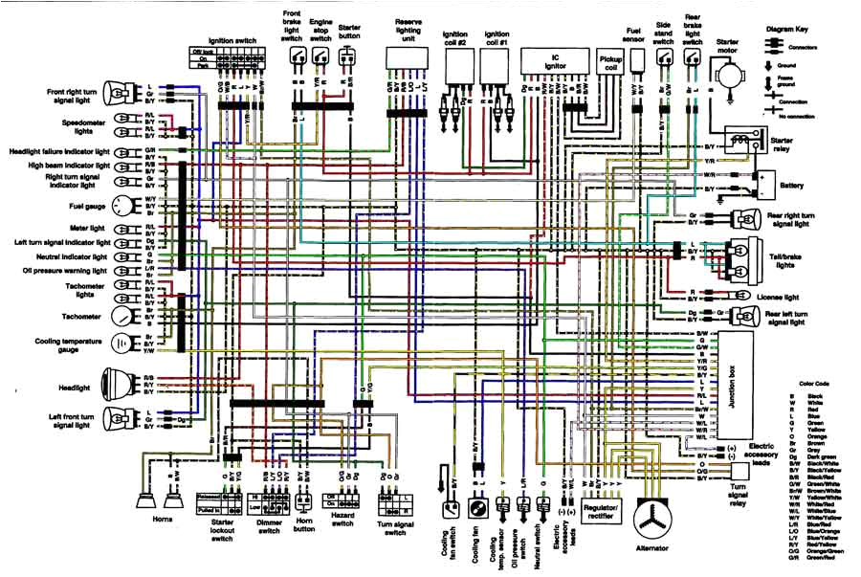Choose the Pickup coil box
click(608, 65)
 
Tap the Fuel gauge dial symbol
click(122, 205)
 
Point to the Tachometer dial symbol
click(122, 316)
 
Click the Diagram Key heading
click(797, 30)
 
